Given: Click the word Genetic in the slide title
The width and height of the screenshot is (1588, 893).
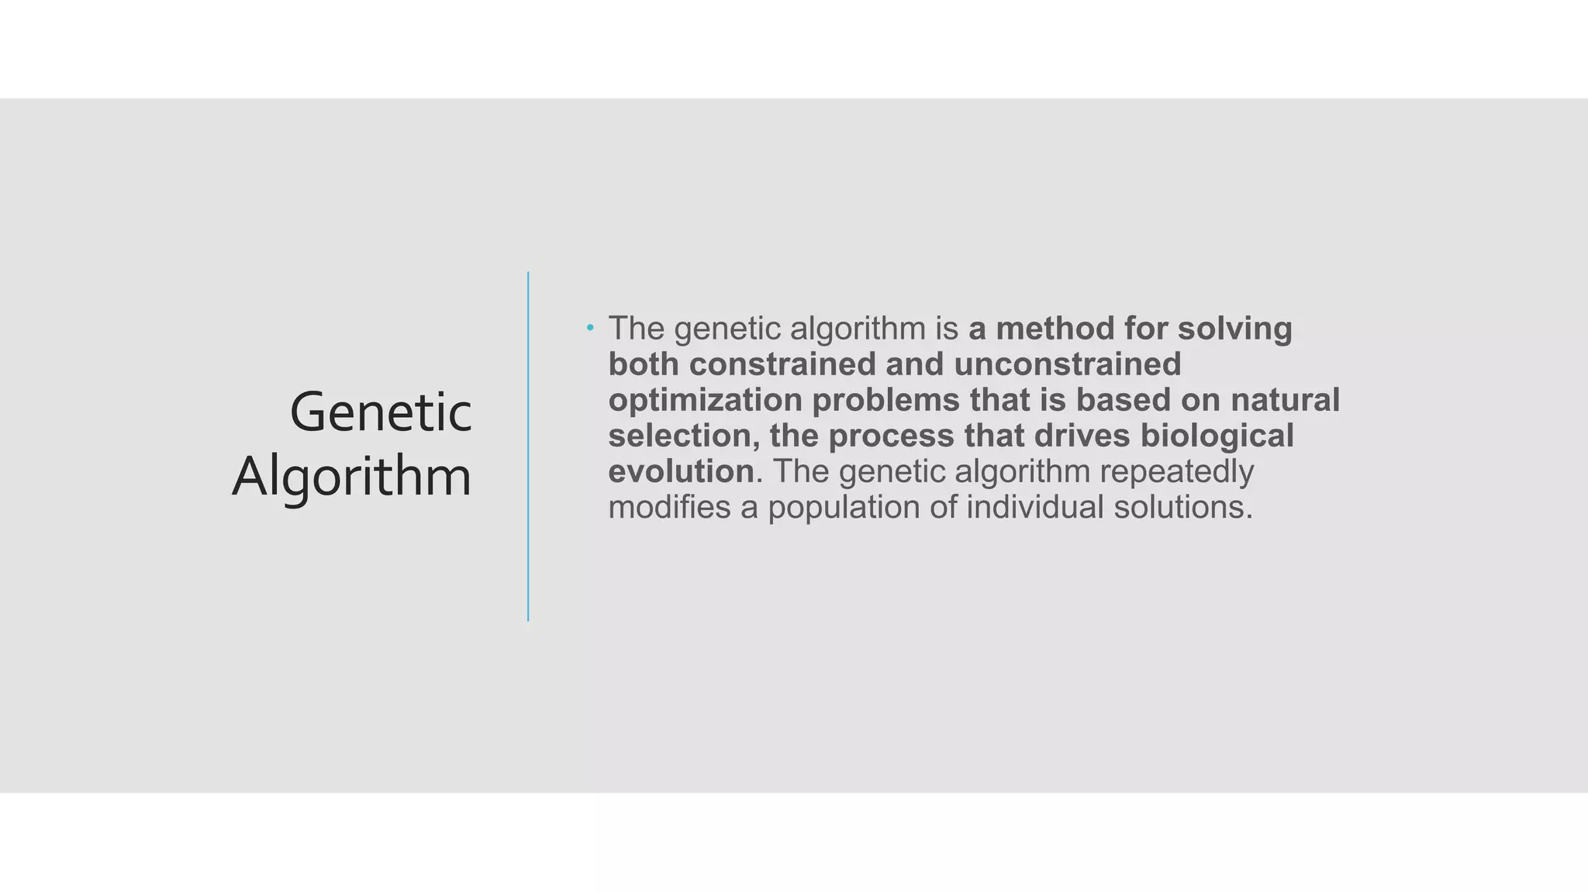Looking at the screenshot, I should coord(380,412).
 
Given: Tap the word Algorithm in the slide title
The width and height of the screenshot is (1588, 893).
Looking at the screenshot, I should coord(351,477).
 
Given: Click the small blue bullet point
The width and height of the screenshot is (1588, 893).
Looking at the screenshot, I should coord(590,328).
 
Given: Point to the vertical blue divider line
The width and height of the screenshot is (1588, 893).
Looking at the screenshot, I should coord(528,446).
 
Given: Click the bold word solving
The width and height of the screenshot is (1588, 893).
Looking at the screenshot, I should coord(1234,329).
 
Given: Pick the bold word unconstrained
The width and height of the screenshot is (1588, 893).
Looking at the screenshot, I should coord(1067,364).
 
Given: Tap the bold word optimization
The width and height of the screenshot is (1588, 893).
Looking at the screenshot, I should coord(705,401).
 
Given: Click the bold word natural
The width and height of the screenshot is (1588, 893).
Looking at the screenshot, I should coord(1285,400).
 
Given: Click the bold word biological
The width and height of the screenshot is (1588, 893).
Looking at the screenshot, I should coord(1217,436).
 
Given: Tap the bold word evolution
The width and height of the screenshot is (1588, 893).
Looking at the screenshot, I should coord(681,471).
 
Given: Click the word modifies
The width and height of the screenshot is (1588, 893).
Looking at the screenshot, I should coord(669,508).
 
